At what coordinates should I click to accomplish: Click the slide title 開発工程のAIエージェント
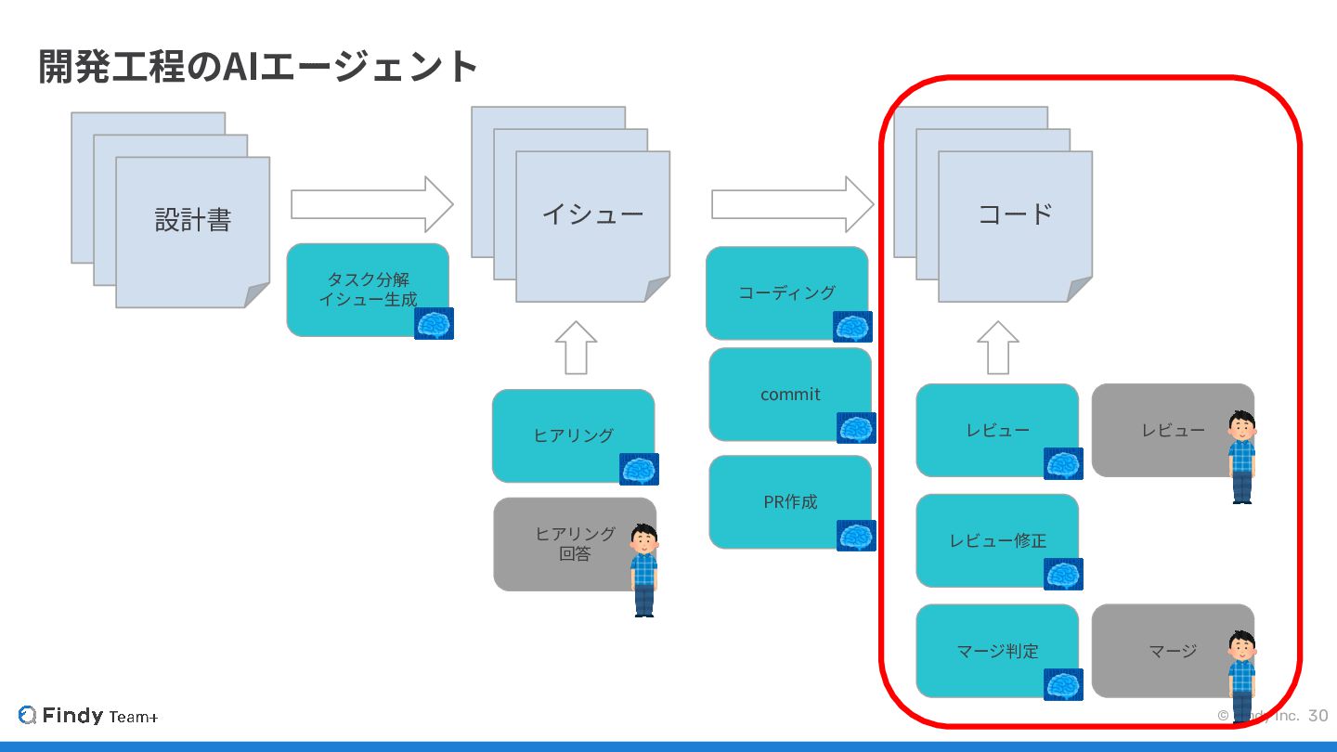(x=258, y=67)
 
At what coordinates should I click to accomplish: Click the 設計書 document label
(x=192, y=220)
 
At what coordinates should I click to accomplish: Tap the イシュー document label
(x=592, y=214)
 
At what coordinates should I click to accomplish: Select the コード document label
(x=1015, y=214)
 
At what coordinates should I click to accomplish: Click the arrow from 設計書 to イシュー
(x=371, y=204)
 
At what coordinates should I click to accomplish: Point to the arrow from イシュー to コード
(x=792, y=204)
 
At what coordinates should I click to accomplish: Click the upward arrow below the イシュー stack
(x=576, y=347)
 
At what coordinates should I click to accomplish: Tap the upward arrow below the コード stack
(x=998, y=347)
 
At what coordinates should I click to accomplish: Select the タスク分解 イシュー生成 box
(x=367, y=289)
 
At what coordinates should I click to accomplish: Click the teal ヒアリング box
(x=572, y=434)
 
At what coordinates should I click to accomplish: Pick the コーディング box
(x=785, y=292)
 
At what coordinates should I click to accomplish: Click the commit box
(x=789, y=394)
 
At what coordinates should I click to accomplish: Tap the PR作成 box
(x=789, y=501)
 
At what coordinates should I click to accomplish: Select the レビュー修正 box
(x=996, y=539)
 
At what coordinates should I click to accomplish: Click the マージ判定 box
(x=996, y=650)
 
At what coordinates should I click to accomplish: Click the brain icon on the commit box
(x=855, y=428)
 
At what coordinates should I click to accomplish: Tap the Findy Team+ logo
(x=88, y=716)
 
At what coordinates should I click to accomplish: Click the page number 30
(x=1318, y=716)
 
